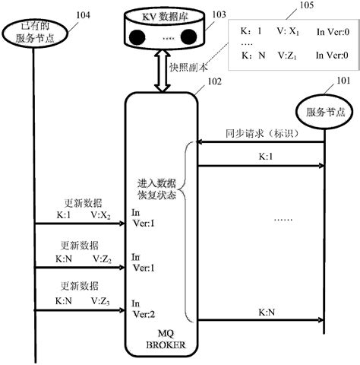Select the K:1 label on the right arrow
pos(266,157)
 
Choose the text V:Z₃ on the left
pos(103,301)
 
